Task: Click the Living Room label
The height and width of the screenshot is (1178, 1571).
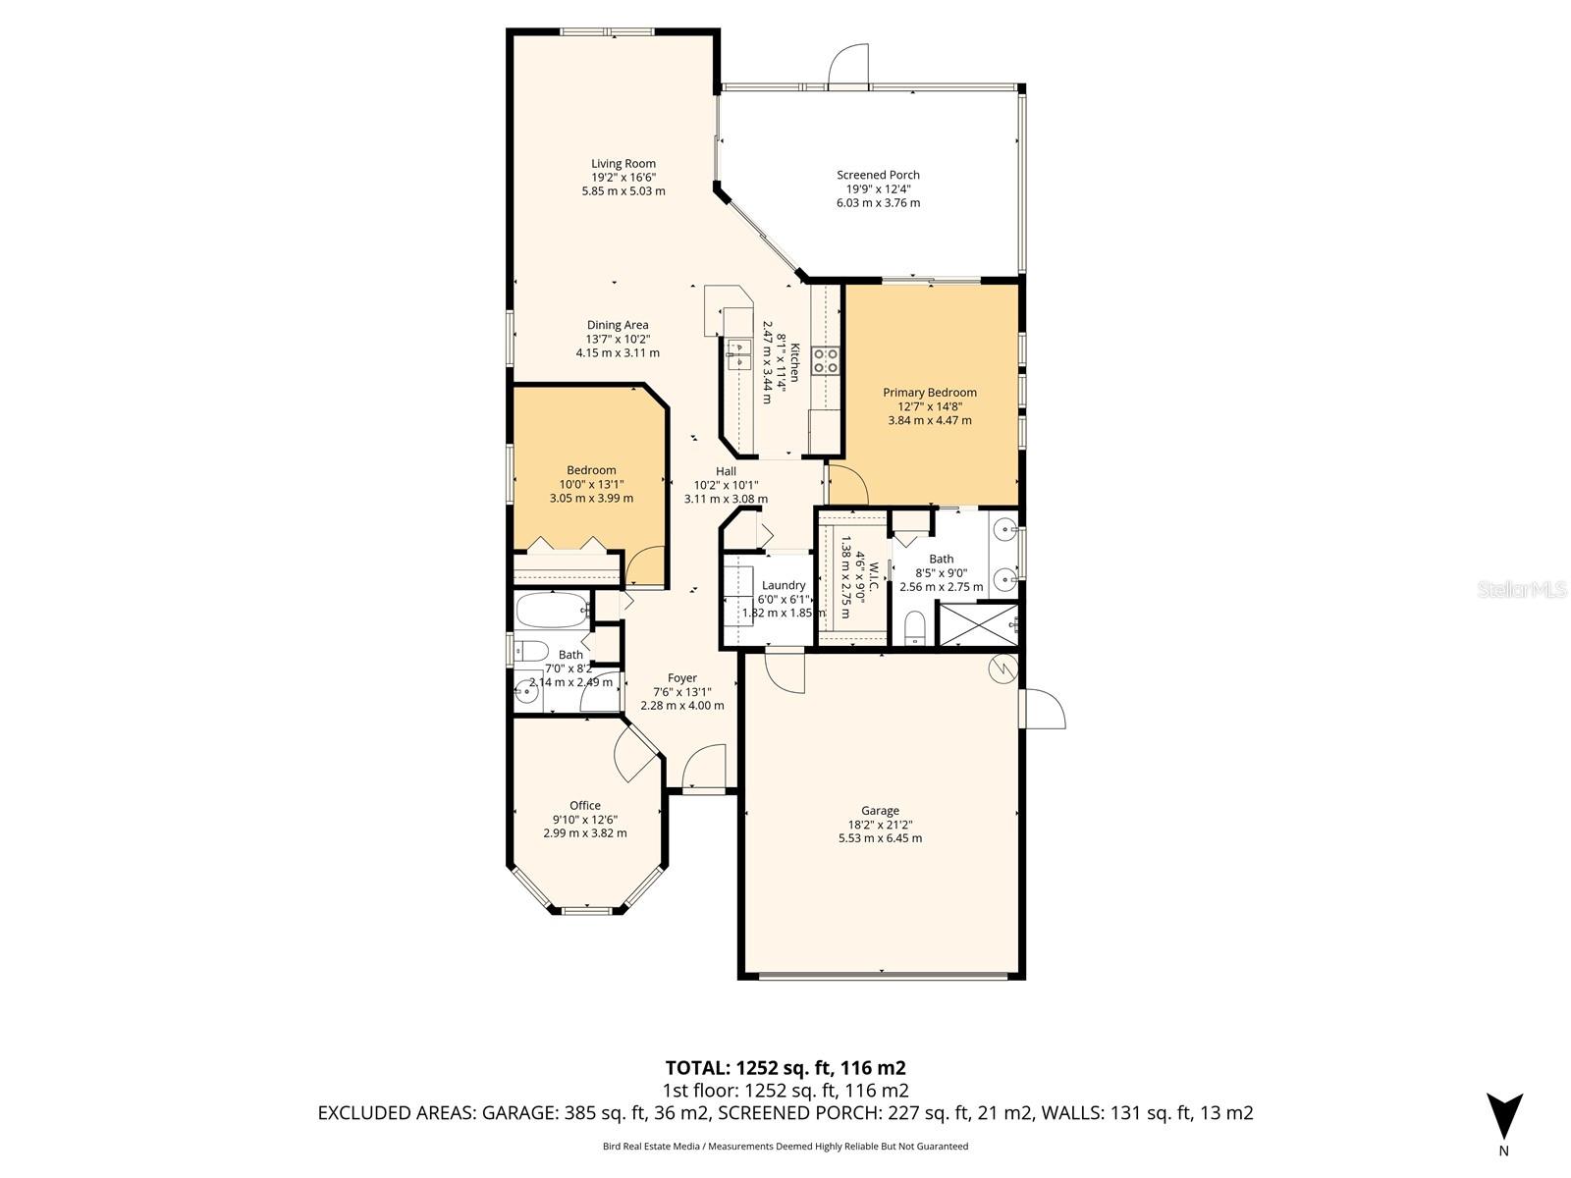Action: (x=623, y=164)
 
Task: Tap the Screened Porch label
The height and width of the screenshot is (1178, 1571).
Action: (x=878, y=175)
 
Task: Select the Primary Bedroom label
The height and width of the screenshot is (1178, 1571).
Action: (x=929, y=393)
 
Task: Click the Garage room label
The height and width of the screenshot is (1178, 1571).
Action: (x=880, y=811)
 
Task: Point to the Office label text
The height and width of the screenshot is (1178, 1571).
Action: (x=585, y=806)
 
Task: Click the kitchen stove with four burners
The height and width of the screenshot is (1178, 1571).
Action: (x=826, y=360)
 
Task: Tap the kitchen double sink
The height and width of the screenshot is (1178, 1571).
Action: (x=737, y=354)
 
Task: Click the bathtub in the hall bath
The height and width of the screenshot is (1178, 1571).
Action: (x=552, y=610)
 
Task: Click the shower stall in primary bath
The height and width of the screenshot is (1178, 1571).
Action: (x=978, y=624)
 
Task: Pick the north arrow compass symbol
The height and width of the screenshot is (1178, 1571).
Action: (x=1503, y=1116)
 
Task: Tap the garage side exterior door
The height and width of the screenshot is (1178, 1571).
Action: (x=1043, y=709)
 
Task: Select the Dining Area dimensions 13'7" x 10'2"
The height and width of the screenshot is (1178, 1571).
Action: (x=618, y=339)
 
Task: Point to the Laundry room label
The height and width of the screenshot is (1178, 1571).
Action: (x=784, y=585)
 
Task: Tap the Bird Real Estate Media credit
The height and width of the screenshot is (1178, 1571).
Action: (x=785, y=1146)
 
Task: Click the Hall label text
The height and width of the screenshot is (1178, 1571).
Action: (x=726, y=471)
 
